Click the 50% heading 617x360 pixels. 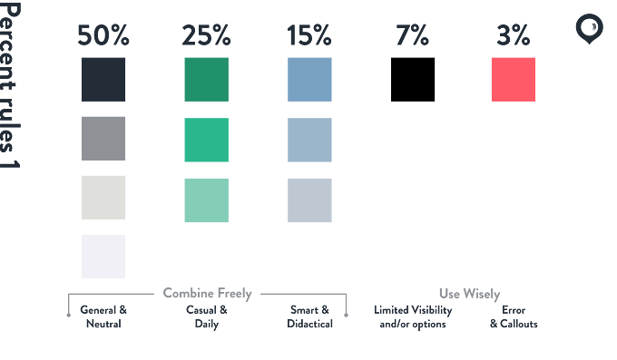pos(103,35)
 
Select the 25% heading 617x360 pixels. pos(206,35)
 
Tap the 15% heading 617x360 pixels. pos(309,35)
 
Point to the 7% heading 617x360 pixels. pos(412,35)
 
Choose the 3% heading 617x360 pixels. pos(514,35)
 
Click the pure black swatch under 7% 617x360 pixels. pos(413,80)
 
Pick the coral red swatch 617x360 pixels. pos(514,80)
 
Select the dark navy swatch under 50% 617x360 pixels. pos(103,80)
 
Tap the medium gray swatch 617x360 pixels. pos(103,139)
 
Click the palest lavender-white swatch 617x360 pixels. pos(103,257)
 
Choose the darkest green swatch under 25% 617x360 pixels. pos(207,80)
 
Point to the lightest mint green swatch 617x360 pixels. pos(207,200)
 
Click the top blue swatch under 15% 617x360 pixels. pos(309,80)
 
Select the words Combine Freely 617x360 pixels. pos(208,294)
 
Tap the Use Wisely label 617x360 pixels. pos(469,294)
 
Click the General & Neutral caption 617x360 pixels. pos(103,316)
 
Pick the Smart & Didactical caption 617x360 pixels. pos(309,316)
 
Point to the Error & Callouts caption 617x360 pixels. pos(514,316)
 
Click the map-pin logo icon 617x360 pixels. pos(589,29)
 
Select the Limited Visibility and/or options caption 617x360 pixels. pos(413,316)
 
